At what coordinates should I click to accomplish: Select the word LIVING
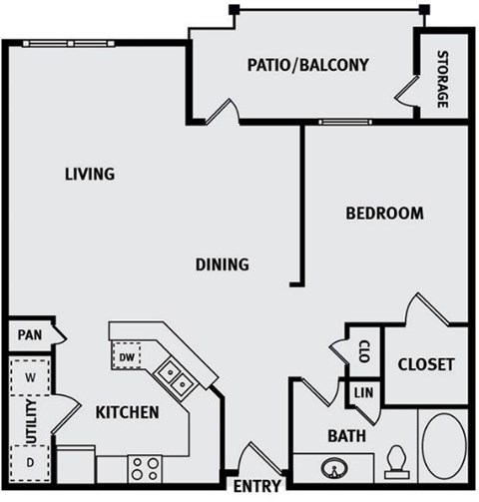90,174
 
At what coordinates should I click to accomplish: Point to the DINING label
221,264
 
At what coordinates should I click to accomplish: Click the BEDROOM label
384,213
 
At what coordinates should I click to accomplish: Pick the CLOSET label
426,364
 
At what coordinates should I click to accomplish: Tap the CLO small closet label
364,350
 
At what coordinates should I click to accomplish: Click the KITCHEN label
127,411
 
